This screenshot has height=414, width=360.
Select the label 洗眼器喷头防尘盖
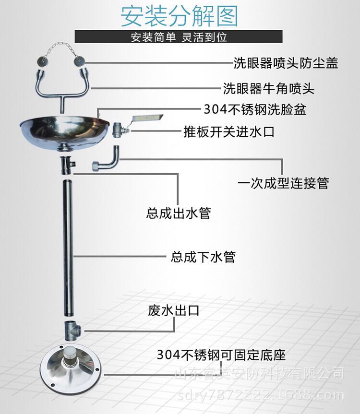tap(285, 63)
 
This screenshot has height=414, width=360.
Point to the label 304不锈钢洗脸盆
tap(255, 110)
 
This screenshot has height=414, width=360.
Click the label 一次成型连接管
tap(283, 183)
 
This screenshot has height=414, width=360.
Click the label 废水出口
tap(173, 310)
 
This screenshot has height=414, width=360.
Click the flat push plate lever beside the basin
tap(146, 118)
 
